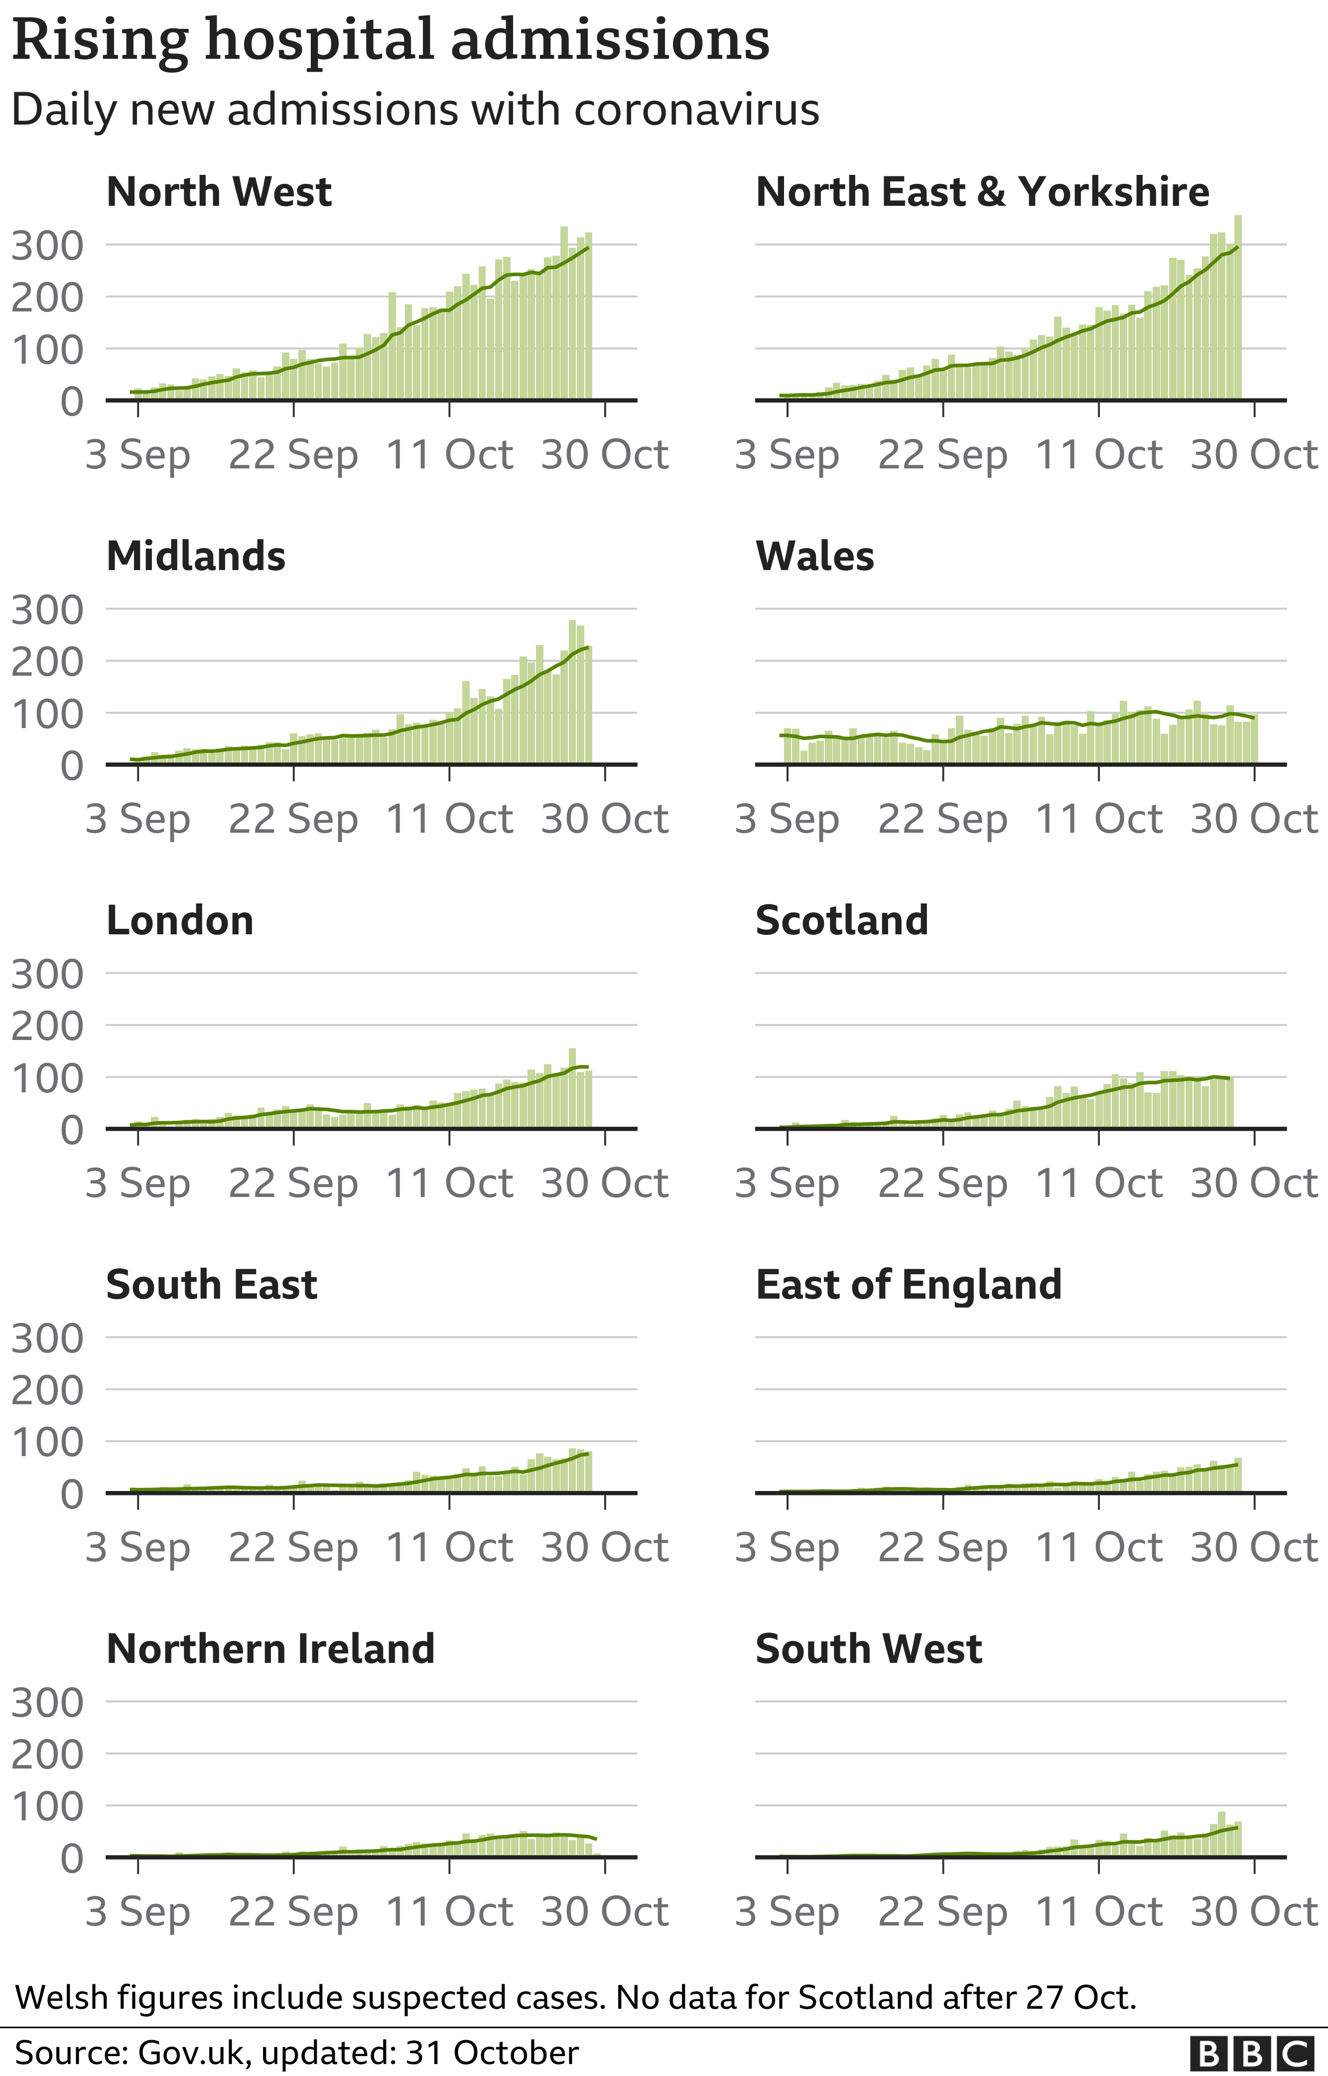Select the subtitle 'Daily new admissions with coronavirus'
415,111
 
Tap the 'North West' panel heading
219,191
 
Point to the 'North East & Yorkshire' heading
982,191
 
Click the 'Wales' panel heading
815,556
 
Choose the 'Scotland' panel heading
842,920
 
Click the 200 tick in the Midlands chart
47,662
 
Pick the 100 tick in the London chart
47,1077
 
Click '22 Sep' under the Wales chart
942,819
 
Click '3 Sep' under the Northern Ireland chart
138,1912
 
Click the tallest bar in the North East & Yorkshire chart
1237,307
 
